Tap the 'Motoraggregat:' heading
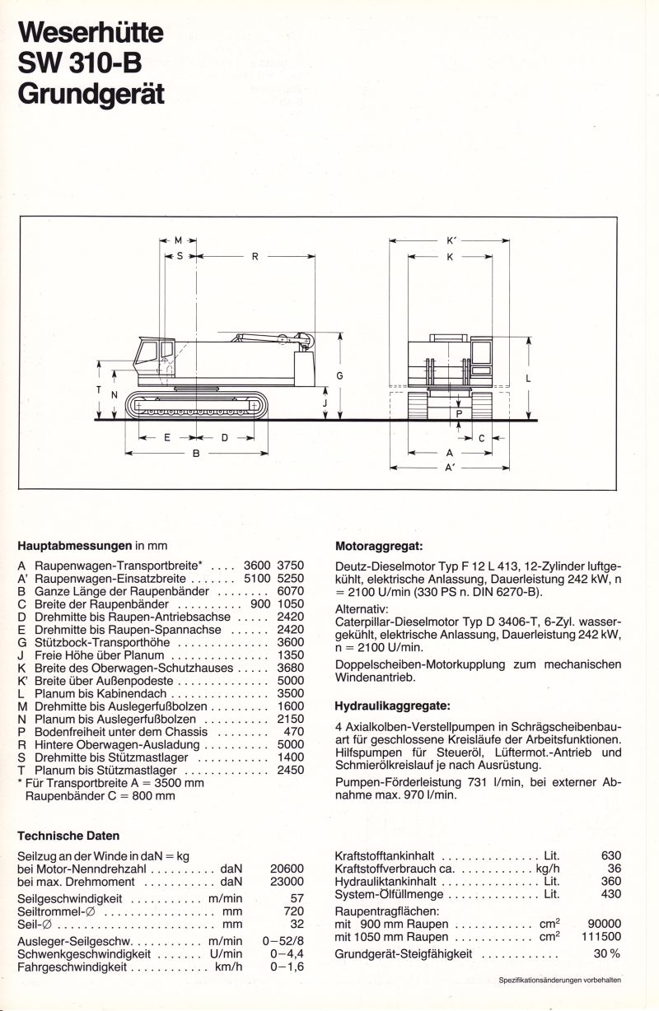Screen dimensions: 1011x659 (378, 545)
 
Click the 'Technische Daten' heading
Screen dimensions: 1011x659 (68, 836)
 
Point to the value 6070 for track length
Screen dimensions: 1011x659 (291, 591)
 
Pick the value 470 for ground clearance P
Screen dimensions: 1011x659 (294, 730)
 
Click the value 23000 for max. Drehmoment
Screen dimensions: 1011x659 (287, 881)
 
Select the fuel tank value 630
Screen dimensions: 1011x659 (610, 855)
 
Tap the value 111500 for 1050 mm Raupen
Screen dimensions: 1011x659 (604, 937)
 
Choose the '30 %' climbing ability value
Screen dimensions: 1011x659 (606, 954)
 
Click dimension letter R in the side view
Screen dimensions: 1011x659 (255, 257)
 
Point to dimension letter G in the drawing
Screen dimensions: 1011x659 (339, 375)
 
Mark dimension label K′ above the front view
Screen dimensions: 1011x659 (451, 241)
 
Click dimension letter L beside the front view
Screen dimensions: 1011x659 (527, 379)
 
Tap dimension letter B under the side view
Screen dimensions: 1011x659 (196, 453)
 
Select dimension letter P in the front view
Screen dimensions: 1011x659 (459, 414)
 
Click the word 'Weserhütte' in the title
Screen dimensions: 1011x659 (91, 32)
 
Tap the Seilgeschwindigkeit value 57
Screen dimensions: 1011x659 (297, 897)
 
